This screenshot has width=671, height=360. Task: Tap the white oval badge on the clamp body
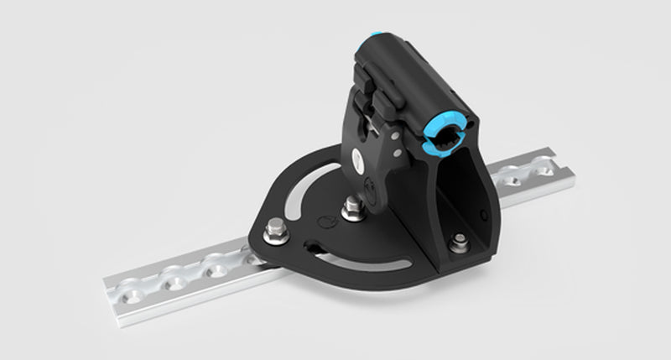point(358,156)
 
